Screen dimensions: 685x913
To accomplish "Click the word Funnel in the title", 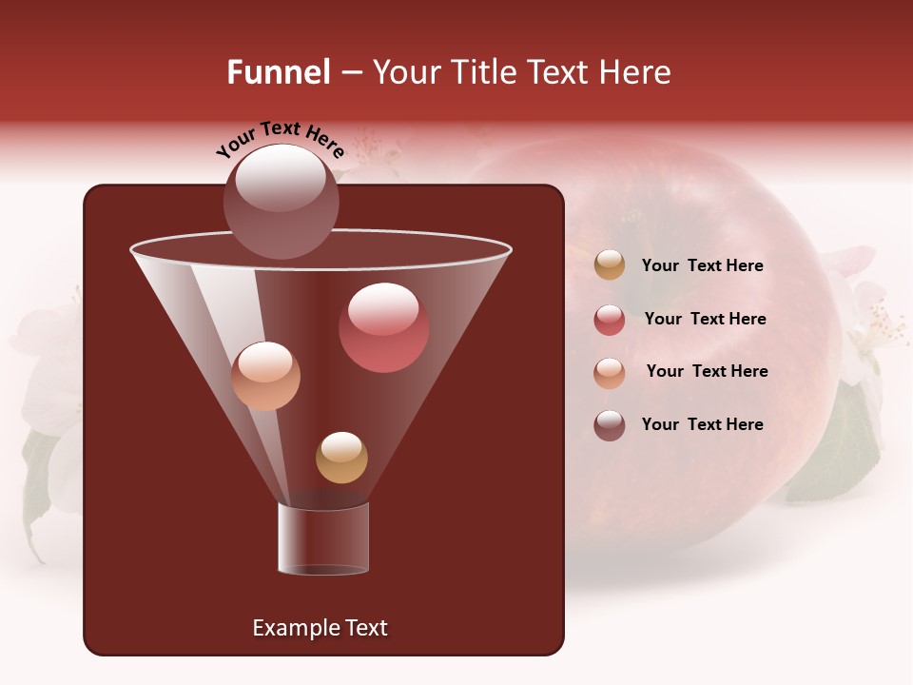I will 278,72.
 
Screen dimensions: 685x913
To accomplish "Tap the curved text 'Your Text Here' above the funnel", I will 281,140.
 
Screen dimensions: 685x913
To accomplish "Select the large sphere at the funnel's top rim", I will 282,201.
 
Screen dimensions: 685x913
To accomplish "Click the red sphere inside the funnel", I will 383,327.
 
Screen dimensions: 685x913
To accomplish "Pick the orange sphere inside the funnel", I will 265,376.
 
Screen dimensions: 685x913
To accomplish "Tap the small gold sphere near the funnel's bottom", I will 341,458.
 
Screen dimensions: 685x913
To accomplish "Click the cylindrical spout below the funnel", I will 323,538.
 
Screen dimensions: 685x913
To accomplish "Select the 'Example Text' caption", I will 320,628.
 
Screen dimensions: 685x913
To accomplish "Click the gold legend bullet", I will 610,265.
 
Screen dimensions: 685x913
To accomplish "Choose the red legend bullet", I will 610,320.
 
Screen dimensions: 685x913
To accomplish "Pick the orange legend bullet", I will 610,373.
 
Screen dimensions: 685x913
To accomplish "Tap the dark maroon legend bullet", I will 610,425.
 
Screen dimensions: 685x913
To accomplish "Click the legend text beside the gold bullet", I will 702,265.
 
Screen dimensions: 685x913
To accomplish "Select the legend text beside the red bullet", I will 705,319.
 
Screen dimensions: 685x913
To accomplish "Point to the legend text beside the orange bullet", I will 707,371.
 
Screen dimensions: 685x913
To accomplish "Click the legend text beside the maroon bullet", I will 702,424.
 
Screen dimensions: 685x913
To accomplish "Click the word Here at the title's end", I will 636,72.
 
